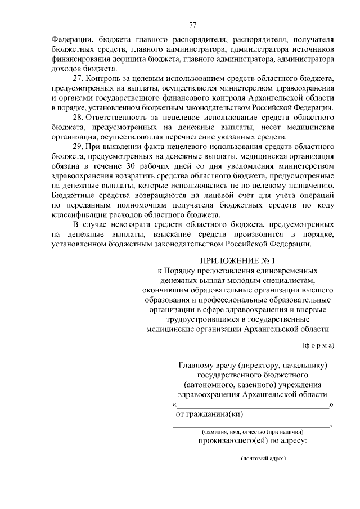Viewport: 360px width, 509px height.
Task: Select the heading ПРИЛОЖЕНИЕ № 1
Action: pos(238,260)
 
